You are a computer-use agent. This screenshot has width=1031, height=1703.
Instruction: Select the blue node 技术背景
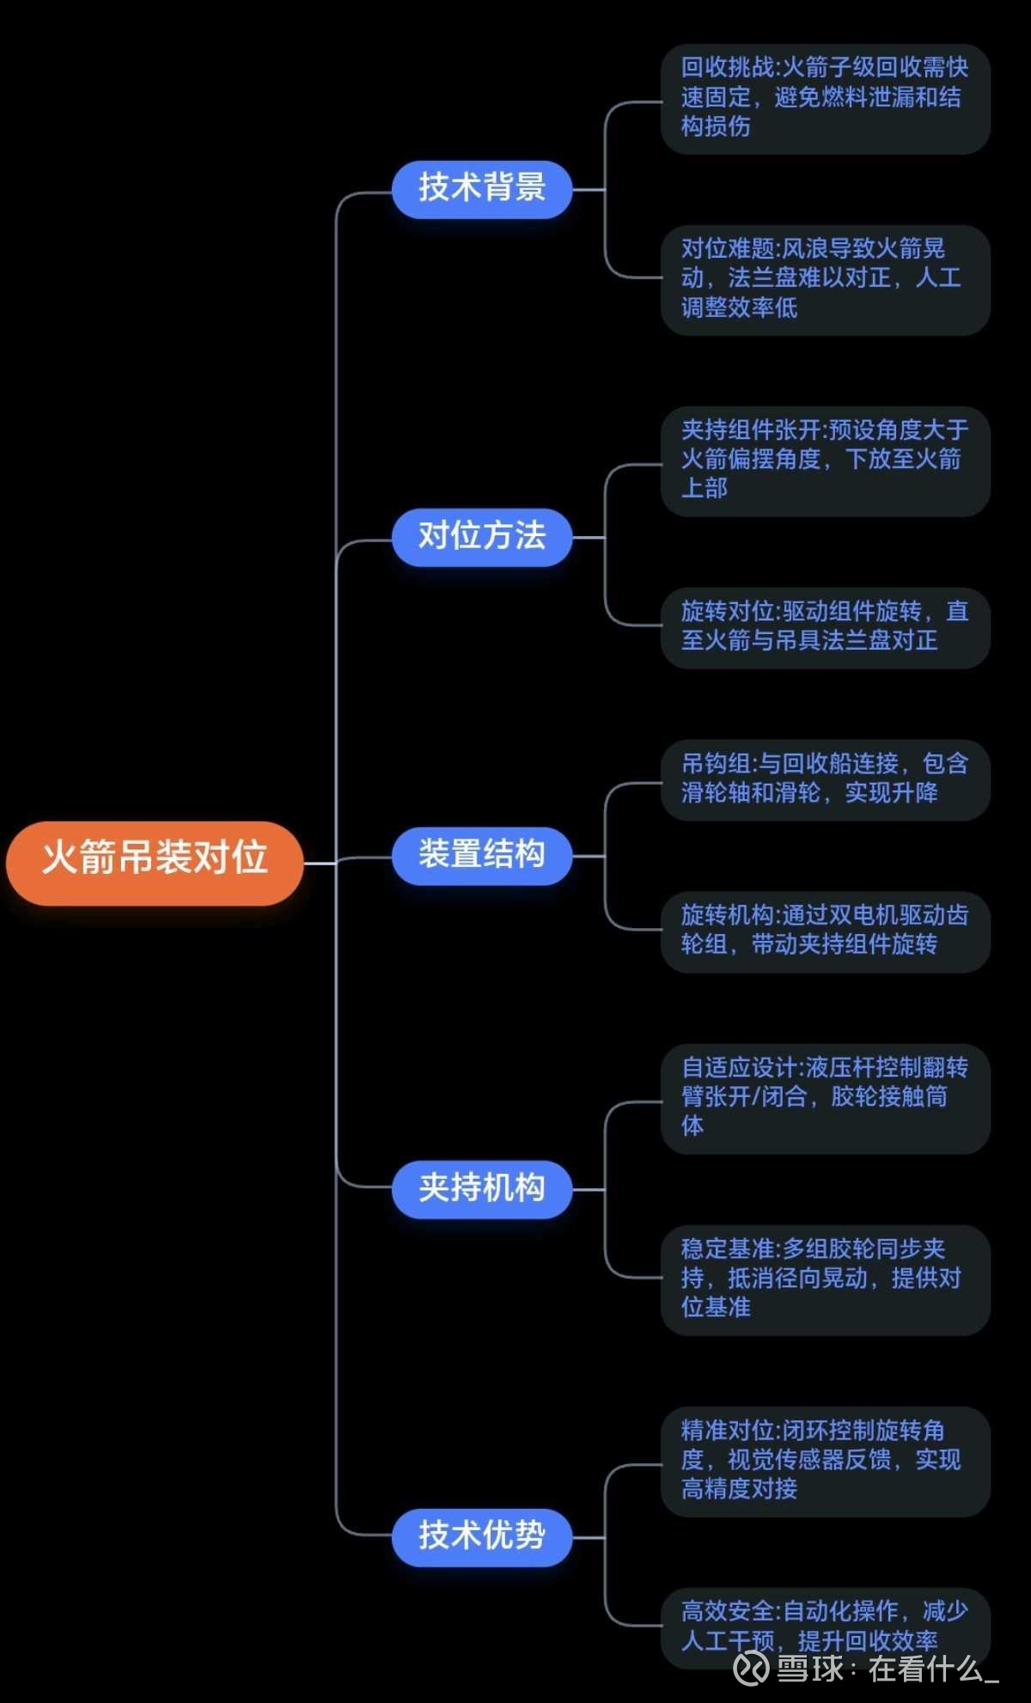[x=482, y=188]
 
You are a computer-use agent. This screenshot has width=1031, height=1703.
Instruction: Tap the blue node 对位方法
[x=482, y=537]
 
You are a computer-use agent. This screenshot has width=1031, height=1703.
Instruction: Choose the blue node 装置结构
[x=482, y=856]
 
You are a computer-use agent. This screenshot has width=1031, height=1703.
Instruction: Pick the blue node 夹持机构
[x=482, y=1189]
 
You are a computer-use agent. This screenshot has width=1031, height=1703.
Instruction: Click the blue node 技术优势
[x=482, y=1536]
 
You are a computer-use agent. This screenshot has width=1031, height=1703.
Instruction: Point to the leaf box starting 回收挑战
[x=825, y=98]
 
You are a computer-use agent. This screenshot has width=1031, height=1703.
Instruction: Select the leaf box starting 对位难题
[x=825, y=279]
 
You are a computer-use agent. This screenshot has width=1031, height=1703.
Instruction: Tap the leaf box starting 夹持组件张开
[x=825, y=461]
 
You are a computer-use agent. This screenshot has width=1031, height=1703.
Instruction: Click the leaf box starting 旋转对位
[x=825, y=627]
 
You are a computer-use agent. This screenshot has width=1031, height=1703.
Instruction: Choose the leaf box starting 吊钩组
[x=825, y=779]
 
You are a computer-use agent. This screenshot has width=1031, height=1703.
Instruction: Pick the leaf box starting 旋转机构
[x=825, y=931]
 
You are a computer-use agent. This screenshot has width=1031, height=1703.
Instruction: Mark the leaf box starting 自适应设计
[x=825, y=1098]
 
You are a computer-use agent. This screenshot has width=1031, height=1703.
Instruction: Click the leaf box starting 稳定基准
[x=825, y=1279]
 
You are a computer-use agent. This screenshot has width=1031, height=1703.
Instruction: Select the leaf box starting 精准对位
[x=825, y=1461]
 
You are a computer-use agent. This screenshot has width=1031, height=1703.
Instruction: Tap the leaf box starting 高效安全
[x=825, y=1627]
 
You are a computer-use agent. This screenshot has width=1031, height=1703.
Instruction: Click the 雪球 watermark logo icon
[x=751, y=1669]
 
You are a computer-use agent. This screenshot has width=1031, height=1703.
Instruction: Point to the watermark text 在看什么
[x=924, y=1669]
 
